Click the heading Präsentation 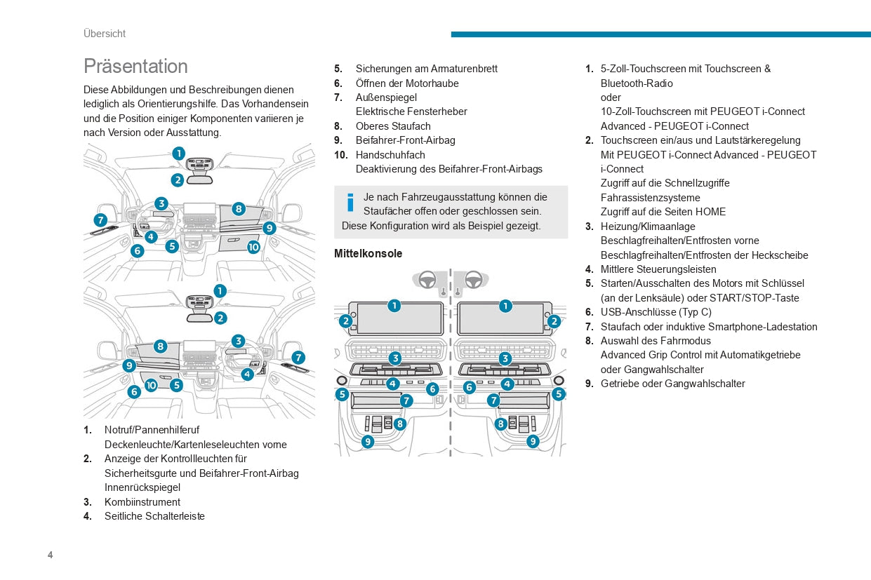(x=135, y=66)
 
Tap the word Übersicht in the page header (x=105, y=34)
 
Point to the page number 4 (x=50, y=555)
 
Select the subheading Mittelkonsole (x=368, y=253)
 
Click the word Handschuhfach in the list (x=390, y=154)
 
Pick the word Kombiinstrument (x=142, y=501)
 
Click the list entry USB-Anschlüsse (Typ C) (x=656, y=312)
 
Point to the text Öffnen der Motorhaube (x=407, y=83)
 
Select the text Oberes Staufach (x=393, y=126)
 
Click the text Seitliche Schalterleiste (x=154, y=516)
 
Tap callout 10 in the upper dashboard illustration (x=253, y=247)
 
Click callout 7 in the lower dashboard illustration (x=298, y=358)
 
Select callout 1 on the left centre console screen (x=394, y=306)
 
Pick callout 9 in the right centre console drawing (x=533, y=441)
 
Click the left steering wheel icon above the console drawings (x=427, y=279)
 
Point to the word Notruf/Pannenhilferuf (x=152, y=429)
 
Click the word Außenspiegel (x=386, y=97)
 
